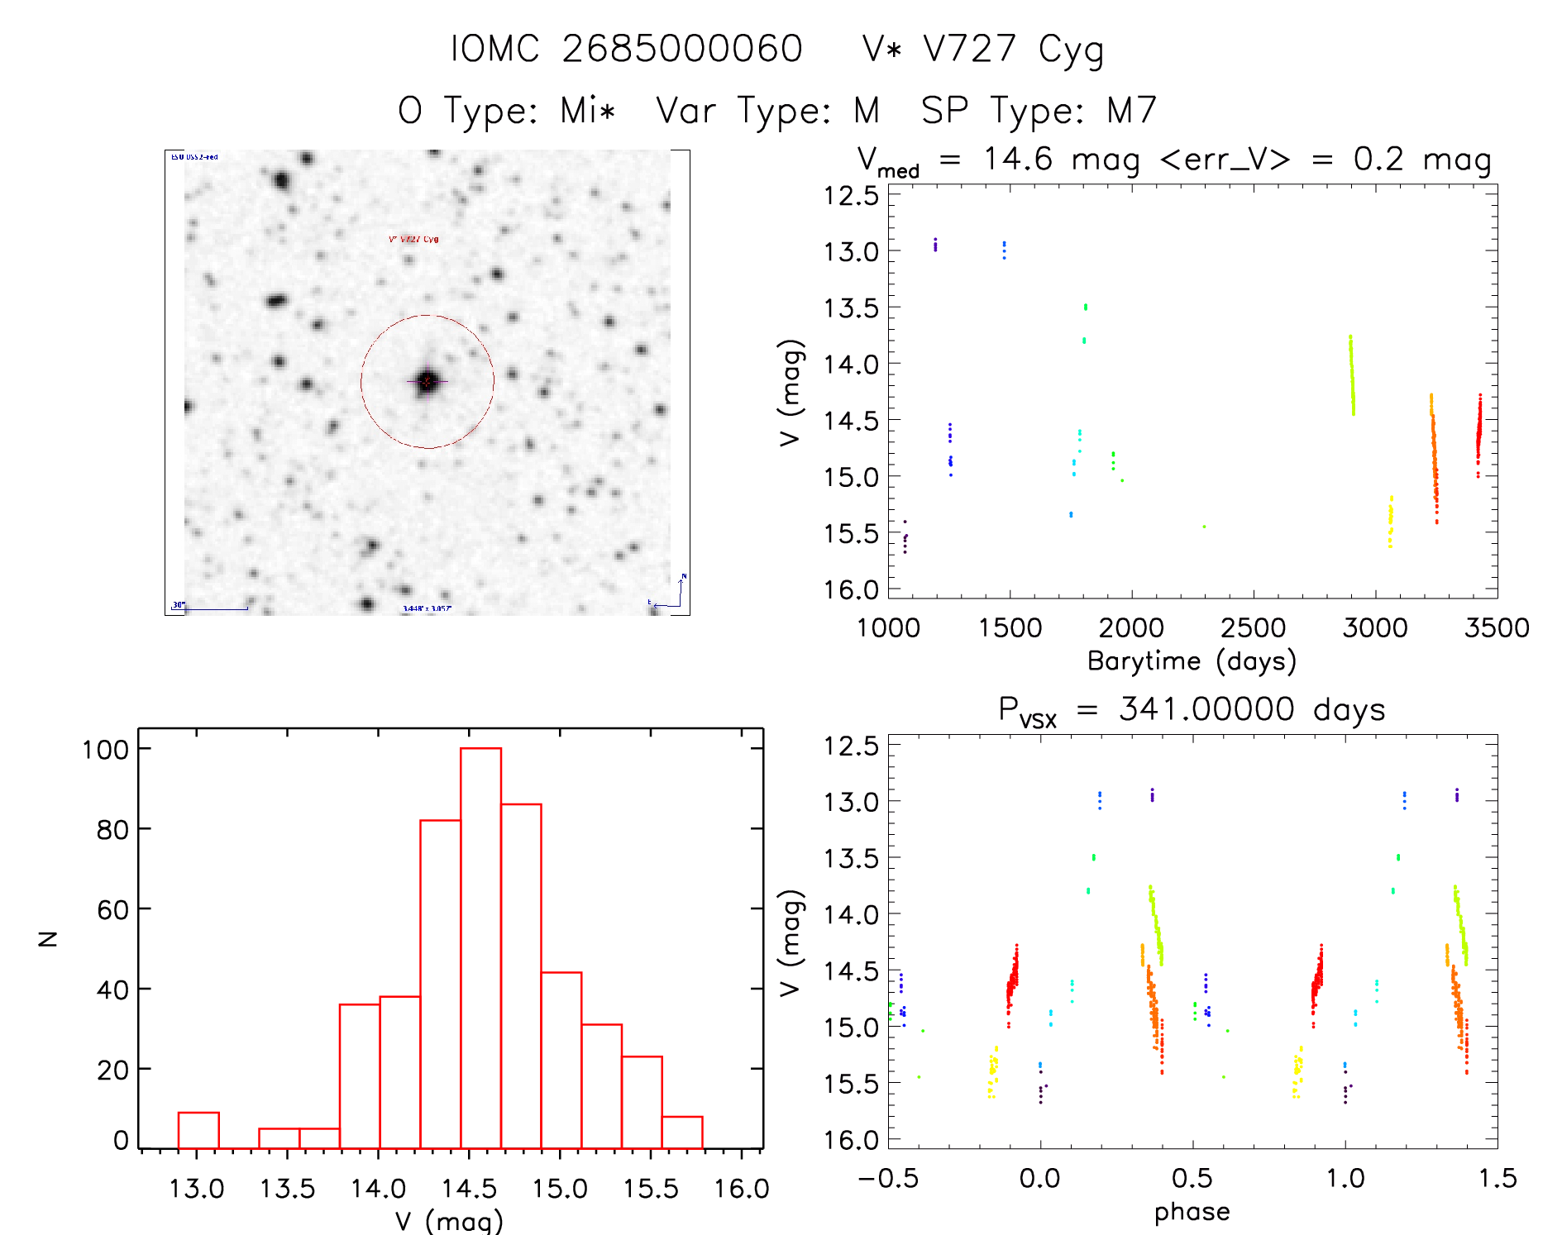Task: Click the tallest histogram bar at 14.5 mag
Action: tap(480, 947)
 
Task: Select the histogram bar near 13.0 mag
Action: tap(198, 1130)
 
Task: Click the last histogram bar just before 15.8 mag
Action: tap(682, 1132)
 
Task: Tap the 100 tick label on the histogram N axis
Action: tap(105, 750)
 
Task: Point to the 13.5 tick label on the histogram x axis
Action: tap(287, 1189)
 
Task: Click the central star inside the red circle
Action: tap(427, 381)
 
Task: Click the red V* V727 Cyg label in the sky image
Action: tap(413, 239)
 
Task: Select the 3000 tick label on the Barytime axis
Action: tap(1374, 628)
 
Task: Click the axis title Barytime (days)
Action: tap(1192, 661)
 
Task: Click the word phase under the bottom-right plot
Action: tap(1192, 1212)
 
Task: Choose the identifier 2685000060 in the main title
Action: tap(682, 49)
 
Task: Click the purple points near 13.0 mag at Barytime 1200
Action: tap(935, 245)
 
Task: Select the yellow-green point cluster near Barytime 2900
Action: tap(1352, 376)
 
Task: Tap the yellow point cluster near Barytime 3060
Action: tap(1390, 522)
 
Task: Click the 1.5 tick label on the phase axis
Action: tap(1497, 1179)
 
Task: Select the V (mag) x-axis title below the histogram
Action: tap(449, 1221)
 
